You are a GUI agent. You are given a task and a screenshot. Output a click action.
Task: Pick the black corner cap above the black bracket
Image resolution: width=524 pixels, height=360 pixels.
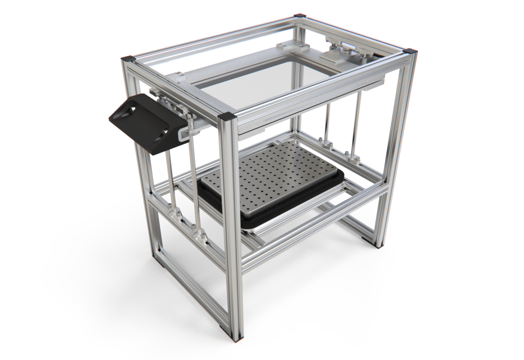click(x=128, y=58)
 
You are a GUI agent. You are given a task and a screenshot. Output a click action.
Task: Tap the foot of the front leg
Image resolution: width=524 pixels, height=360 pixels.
click(x=235, y=337)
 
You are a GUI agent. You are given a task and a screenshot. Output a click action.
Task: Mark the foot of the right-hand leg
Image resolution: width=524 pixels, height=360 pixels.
click(x=376, y=243)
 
